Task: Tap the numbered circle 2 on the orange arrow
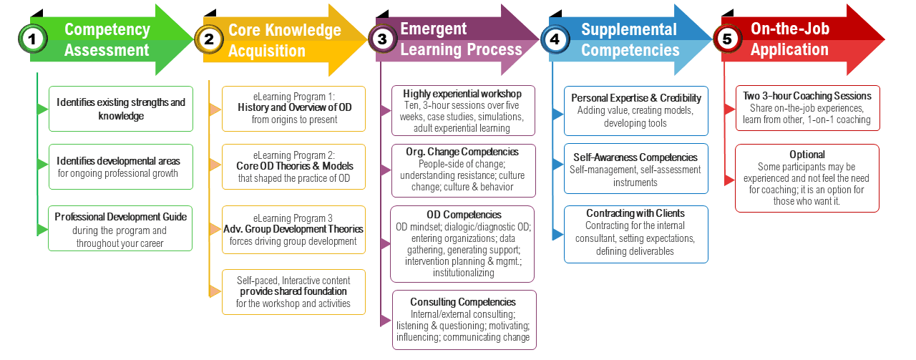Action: coord(209,39)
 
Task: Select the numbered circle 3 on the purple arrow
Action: coord(382,39)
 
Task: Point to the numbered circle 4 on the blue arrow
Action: coord(555,39)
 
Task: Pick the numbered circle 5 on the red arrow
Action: coord(728,39)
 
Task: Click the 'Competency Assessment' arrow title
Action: coord(107,39)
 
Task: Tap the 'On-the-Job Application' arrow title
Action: coord(789,39)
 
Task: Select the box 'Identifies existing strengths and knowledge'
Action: coord(121,109)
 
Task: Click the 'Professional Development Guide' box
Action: coord(120,229)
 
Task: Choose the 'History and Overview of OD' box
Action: coord(293,109)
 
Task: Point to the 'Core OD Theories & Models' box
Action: coord(293,167)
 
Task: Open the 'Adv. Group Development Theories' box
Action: coord(293,229)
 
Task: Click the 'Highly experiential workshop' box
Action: coord(462,111)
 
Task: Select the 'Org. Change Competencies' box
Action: coord(462,170)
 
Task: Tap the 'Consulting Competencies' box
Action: coord(462,319)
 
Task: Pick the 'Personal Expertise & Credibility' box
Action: coord(635,110)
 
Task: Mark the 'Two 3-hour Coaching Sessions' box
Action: coord(807,107)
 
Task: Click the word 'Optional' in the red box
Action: coord(807,155)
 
